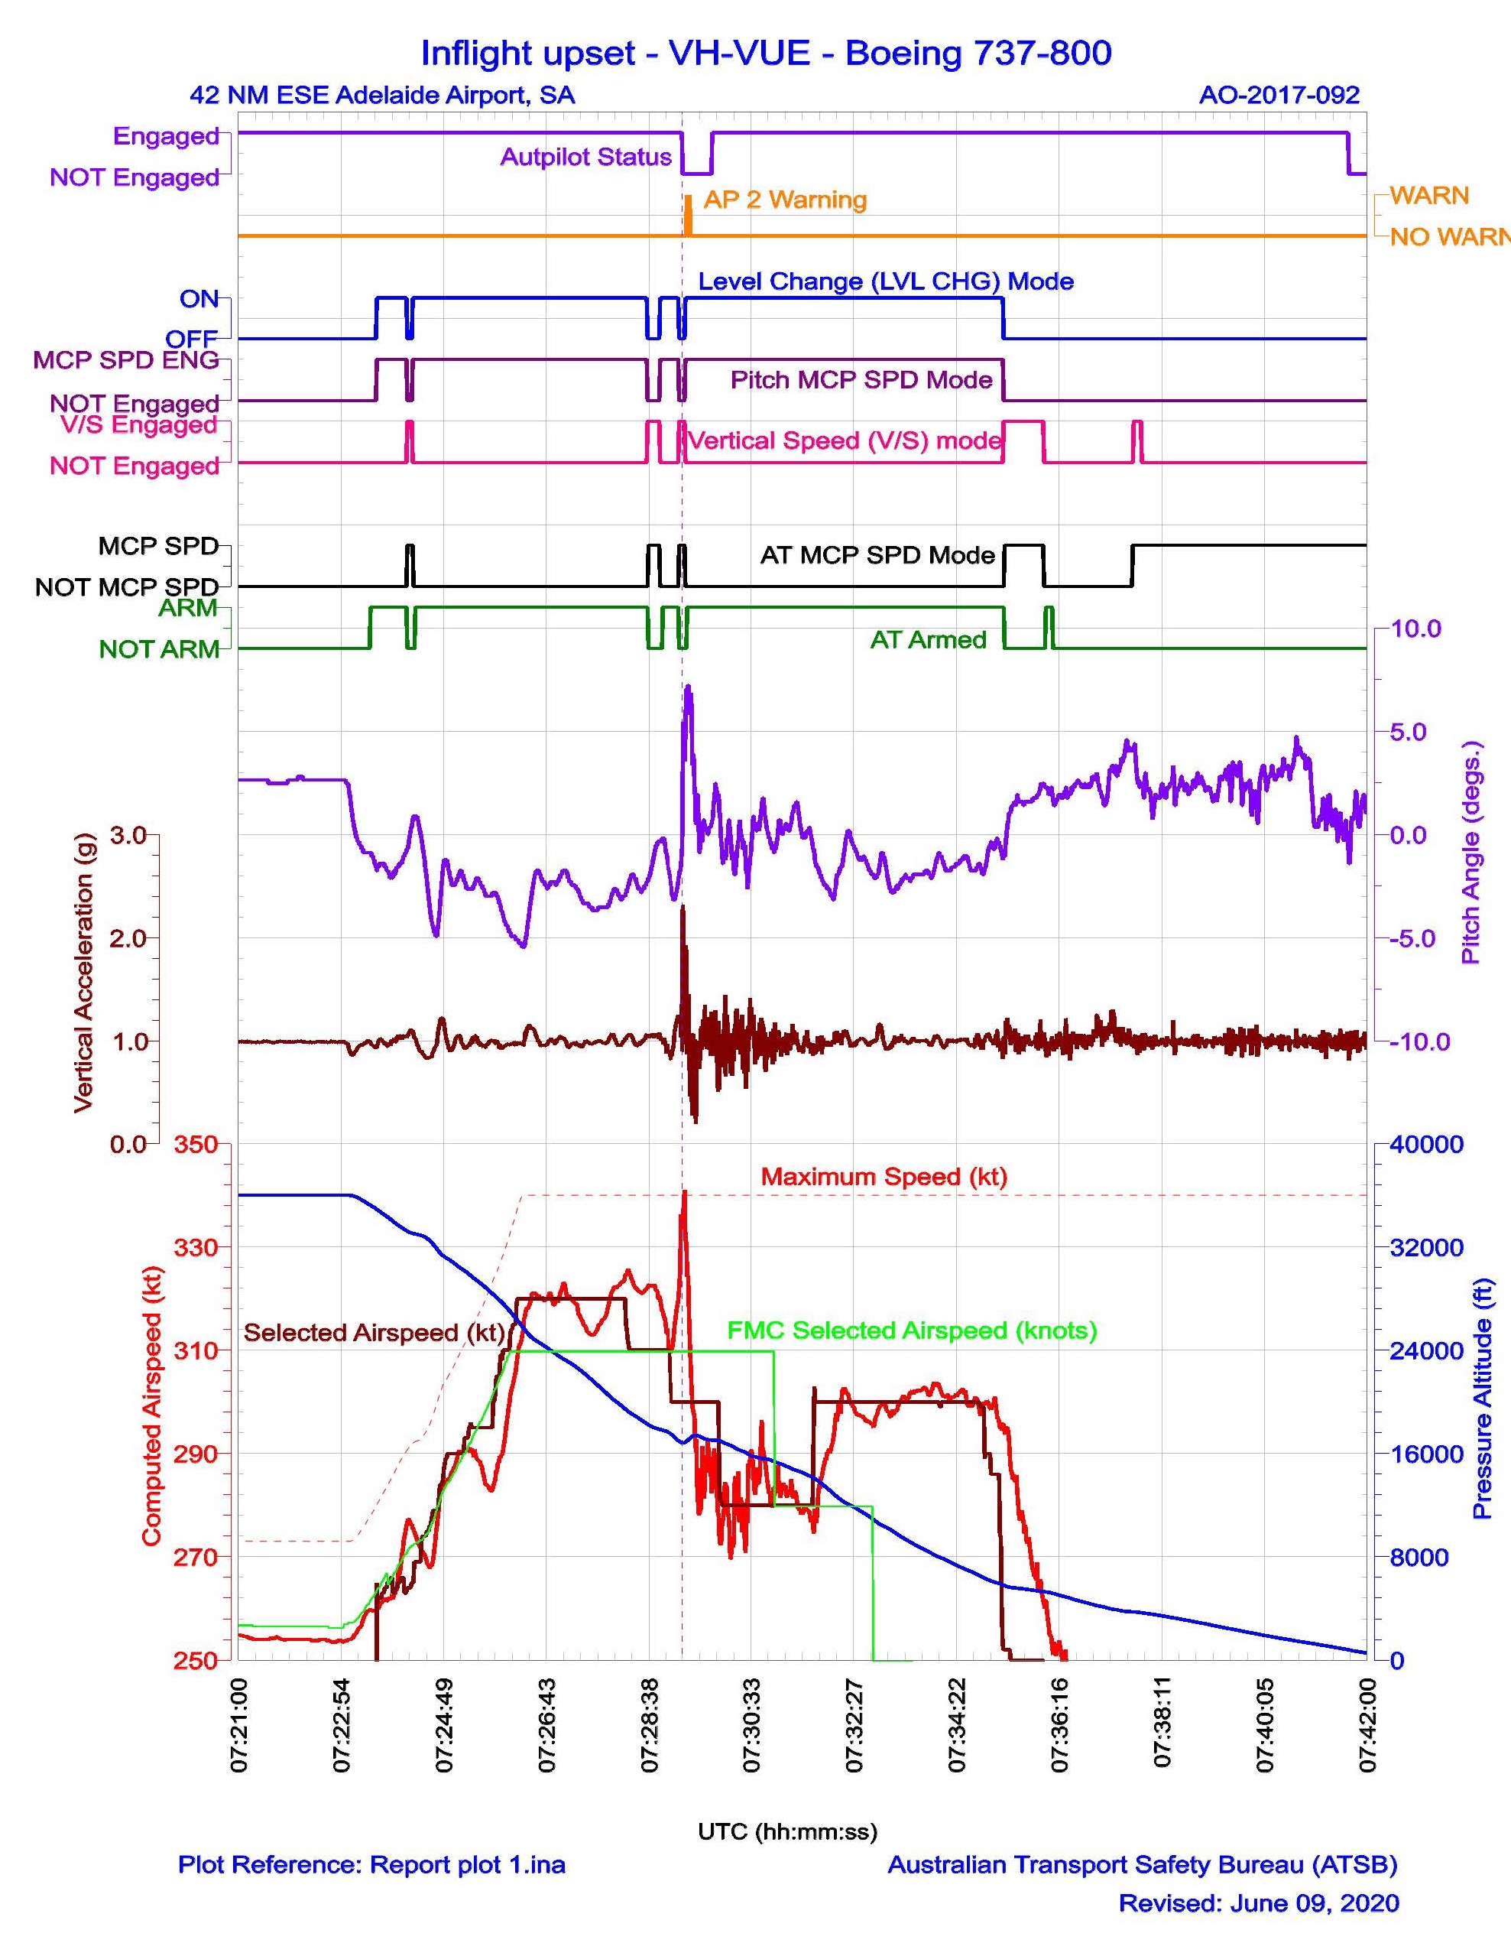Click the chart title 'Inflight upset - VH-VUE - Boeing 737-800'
click(766, 54)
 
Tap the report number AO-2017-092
click(1279, 95)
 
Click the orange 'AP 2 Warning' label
click(784, 200)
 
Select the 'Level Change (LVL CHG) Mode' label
click(885, 282)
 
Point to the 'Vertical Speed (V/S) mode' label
click(845, 440)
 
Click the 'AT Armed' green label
click(928, 640)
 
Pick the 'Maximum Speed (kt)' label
click(883, 1176)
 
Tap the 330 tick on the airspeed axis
click(196, 1247)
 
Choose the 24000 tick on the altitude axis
click(1426, 1350)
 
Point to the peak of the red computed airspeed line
click(684, 1192)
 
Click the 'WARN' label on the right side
click(1429, 196)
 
